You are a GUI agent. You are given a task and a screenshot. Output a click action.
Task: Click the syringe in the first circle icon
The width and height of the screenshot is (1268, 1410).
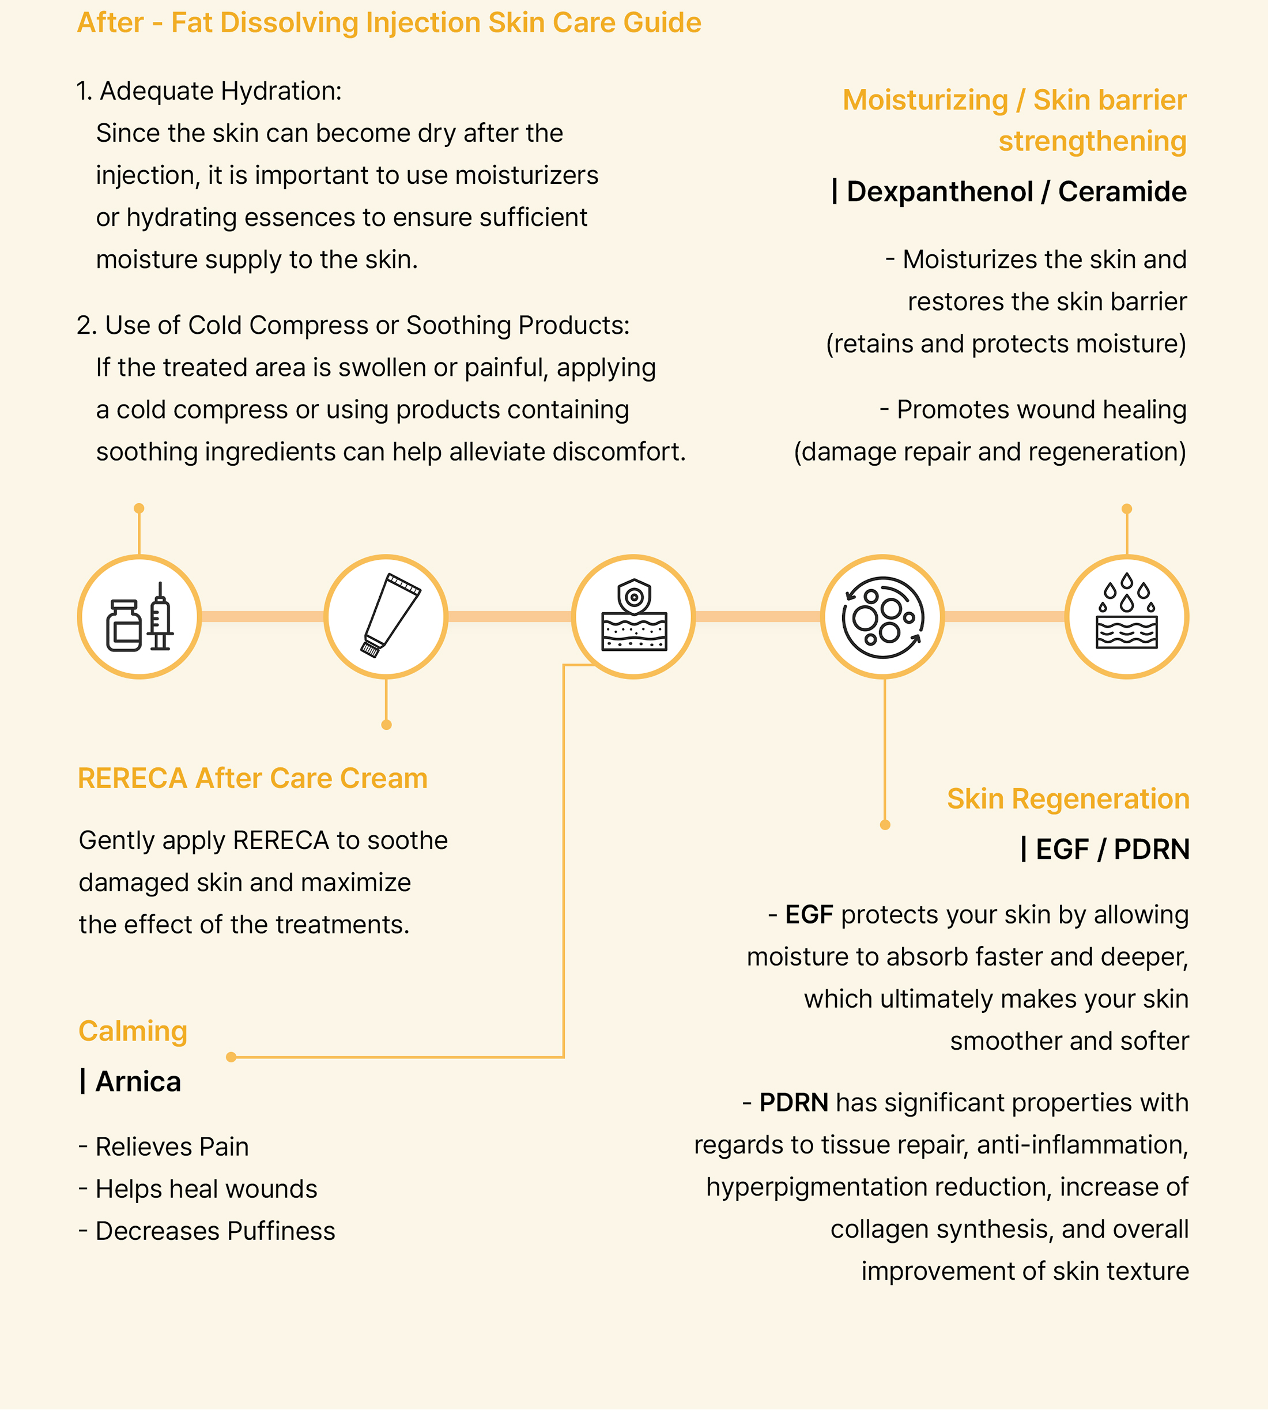pos(161,617)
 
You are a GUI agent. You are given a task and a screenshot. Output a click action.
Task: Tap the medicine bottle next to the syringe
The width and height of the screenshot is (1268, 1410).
pos(124,625)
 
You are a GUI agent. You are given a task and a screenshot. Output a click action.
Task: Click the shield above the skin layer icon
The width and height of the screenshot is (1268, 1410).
pos(634,595)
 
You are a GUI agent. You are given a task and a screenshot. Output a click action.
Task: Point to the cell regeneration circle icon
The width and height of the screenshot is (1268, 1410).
pos(883,617)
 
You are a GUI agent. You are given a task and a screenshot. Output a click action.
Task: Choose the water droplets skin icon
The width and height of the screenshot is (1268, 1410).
pos(1127,617)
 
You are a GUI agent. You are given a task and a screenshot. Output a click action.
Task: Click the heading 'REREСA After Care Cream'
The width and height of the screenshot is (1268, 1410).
pos(252,778)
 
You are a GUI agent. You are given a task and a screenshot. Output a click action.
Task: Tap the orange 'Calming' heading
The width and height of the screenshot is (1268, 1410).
pos(133,1031)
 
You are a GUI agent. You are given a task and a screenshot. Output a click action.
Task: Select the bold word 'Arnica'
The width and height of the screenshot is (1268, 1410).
pos(138,1082)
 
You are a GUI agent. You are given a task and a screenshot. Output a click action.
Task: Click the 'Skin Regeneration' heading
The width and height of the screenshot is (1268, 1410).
pos(1067,798)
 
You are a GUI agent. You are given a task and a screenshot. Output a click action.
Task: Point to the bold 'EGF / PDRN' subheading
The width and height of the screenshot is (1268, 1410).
pos(1112,849)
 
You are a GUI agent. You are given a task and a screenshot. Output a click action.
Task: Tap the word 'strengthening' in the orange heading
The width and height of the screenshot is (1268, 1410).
pos(1092,141)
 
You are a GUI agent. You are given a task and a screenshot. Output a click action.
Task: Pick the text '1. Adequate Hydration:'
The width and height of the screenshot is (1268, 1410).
pos(209,91)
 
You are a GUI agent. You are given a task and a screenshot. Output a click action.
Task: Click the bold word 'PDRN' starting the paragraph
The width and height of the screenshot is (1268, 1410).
pos(794,1103)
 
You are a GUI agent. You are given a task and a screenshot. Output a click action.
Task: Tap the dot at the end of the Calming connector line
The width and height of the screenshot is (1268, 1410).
pos(231,1057)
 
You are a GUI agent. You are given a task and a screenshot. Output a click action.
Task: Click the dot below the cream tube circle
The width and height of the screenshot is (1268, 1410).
pos(387,725)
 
